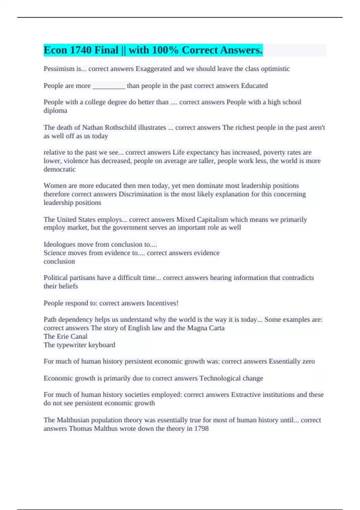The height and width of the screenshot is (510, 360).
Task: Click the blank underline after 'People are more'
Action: [x=109, y=86]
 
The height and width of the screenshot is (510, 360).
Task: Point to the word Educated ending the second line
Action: [x=254, y=86]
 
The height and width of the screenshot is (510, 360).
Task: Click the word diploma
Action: [x=55, y=111]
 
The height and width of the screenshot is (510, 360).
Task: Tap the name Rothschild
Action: [x=120, y=127]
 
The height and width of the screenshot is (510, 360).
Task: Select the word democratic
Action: [x=59, y=169]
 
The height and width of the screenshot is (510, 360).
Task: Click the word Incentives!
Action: [x=162, y=303]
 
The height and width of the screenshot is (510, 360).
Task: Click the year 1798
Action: [x=201, y=428]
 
